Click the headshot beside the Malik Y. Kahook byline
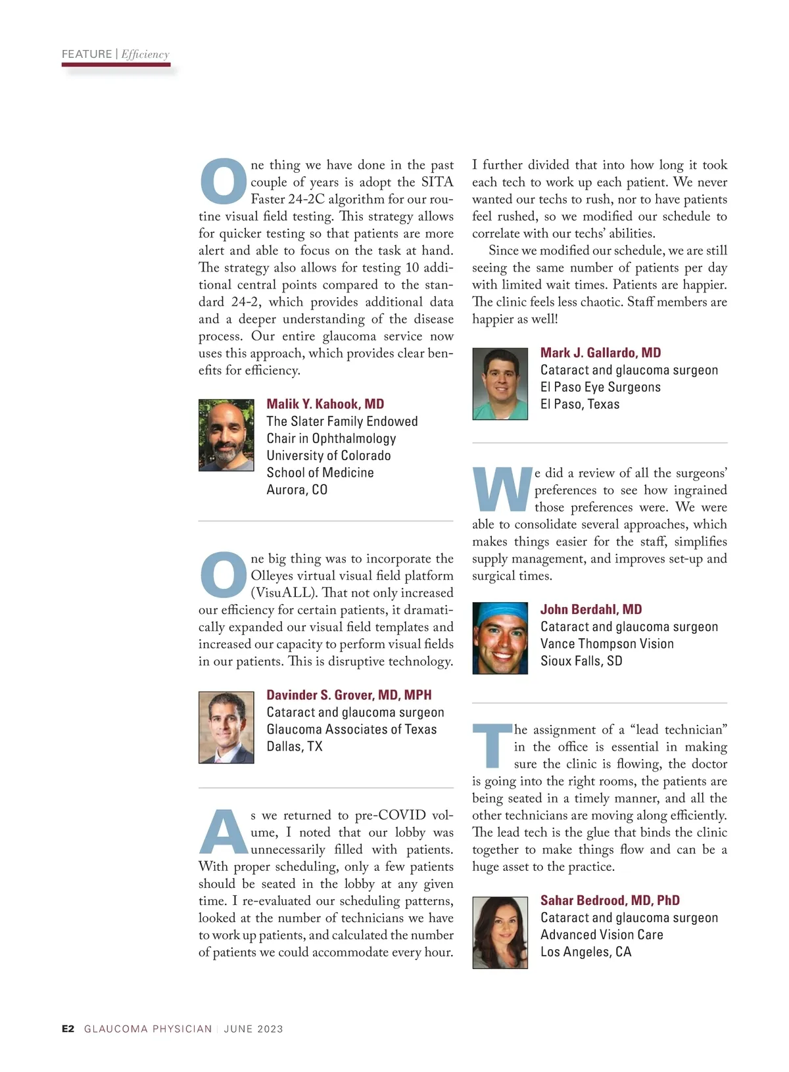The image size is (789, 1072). [226, 435]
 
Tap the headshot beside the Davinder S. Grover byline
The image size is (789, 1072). [226, 727]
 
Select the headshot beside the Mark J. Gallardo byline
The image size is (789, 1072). [500, 384]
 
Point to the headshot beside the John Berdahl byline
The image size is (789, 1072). [500, 638]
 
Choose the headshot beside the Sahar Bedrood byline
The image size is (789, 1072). [500, 932]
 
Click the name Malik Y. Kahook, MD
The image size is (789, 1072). [325, 404]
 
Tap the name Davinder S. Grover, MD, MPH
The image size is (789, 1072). [348, 695]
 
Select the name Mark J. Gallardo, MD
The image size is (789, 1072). [600, 353]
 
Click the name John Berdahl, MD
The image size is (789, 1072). [590, 609]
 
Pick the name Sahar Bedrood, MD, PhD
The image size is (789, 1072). [610, 900]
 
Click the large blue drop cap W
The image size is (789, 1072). [502, 490]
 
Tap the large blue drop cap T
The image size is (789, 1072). [492, 747]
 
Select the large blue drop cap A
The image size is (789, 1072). [223, 832]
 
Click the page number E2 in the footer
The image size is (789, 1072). [68, 1029]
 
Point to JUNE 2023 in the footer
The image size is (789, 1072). [253, 1029]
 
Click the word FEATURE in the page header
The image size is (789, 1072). [87, 55]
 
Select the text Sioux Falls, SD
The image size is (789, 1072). [581, 661]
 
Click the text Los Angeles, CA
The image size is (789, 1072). [585, 952]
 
